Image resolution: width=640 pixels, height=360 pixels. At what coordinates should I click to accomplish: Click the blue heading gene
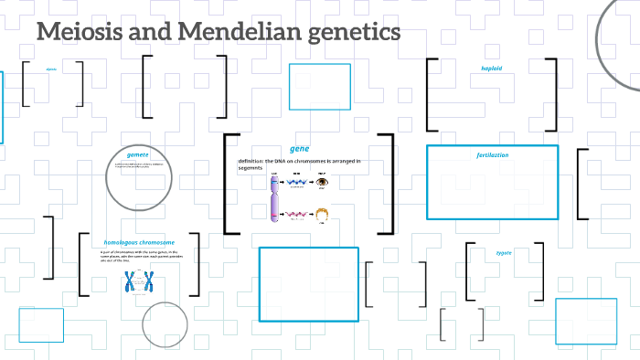point(299,148)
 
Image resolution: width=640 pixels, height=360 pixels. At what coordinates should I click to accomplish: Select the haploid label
point(492,69)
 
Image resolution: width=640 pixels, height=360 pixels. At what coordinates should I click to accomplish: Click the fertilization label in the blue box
point(492,155)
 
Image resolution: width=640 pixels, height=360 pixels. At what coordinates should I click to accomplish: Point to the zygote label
point(504,252)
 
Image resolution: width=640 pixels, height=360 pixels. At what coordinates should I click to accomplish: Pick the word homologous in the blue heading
point(125,242)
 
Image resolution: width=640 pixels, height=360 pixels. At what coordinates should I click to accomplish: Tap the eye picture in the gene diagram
point(322,182)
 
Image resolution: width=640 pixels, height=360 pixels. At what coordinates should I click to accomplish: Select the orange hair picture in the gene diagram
point(322,216)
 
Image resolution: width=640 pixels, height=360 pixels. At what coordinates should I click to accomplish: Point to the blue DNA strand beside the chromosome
point(297,182)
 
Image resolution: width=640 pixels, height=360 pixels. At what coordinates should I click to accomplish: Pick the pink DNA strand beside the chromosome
point(297,216)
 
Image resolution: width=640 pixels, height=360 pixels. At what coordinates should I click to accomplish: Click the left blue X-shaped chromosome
point(131,281)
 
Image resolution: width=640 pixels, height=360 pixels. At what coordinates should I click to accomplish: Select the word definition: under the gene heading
point(250,161)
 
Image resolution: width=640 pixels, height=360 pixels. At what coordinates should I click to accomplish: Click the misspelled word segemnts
point(251,168)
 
